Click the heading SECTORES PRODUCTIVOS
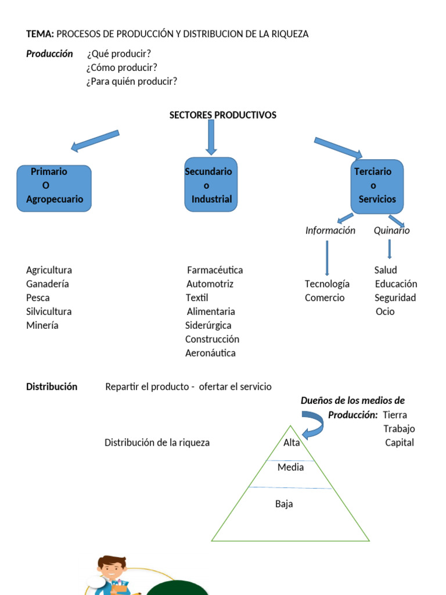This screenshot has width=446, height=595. pos(222,115)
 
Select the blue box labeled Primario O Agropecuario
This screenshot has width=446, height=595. pos(54,188)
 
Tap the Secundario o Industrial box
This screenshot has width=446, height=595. pos(211,184)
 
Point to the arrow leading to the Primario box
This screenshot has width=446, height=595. pos(95,140)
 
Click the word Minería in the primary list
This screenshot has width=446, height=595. pos(42,325)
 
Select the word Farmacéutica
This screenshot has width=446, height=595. pos(215,270)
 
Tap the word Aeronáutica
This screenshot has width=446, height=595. pos(210,353)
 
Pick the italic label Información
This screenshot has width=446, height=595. pos(330,231)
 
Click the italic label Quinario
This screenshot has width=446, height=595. pos(391,231)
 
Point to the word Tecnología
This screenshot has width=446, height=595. pos(327,284)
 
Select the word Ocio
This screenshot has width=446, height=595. pos(385,311)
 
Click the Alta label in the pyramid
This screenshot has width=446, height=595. pos(292,443)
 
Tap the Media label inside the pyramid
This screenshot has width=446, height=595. pos(290,467)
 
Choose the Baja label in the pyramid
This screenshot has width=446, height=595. pos(284,504)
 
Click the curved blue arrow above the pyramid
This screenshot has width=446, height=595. pos(314,423)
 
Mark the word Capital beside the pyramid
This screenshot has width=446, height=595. pos(400,443)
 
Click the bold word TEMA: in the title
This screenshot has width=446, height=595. pos(40,34)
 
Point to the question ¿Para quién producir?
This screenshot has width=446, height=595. pos(132,81)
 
